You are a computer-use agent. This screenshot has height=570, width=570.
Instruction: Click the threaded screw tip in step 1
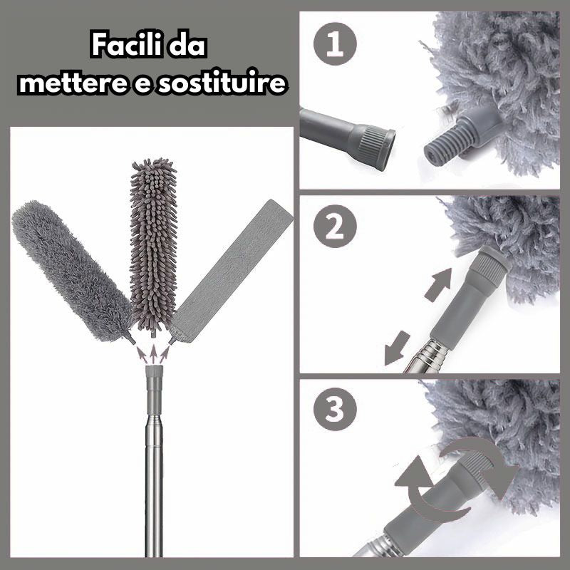(x=443, y=145)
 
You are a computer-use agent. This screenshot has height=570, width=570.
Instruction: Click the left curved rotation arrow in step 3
(x=417, y=492)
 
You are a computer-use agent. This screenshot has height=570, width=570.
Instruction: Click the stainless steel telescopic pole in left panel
(x=152, y=484)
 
